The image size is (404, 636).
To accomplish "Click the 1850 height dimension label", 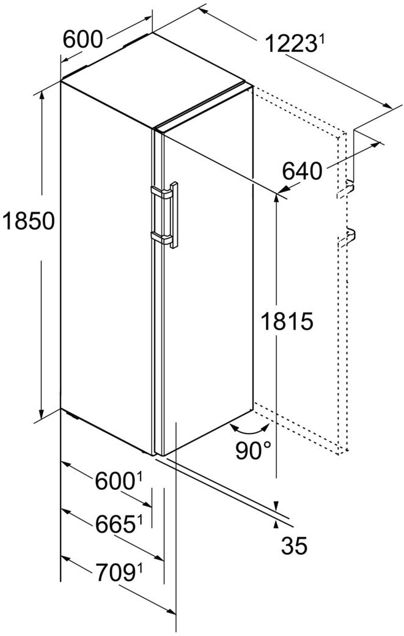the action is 28,221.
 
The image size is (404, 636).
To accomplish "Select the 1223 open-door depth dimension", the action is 290,43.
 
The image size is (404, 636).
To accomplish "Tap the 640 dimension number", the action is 303,171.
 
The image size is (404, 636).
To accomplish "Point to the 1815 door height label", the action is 287,322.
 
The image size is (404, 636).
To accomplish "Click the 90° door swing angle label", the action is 254,450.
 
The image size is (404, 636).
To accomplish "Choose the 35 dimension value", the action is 295,545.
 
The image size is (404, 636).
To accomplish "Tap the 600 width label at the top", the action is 83,40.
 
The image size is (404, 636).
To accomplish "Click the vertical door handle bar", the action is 174,215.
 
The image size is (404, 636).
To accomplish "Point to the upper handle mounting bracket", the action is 161,192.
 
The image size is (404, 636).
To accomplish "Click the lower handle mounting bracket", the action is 161,238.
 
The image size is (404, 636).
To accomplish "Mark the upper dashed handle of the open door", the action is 346,190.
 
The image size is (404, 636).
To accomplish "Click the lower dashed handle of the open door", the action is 347,236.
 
